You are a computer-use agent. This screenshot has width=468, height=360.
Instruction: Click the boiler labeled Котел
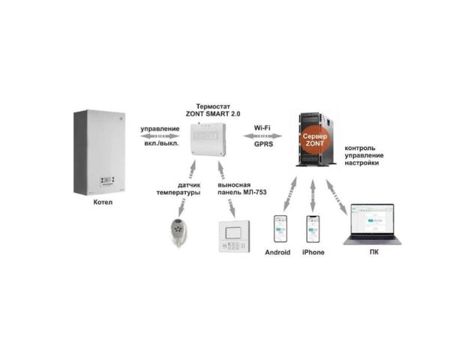[100, 152]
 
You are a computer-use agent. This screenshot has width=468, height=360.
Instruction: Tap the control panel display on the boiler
[106, 180]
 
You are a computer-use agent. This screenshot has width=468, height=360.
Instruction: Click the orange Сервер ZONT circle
[314, 139]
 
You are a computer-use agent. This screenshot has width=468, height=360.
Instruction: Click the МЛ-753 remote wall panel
[234, 237]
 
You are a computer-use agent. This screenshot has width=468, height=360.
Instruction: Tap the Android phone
[280, 229]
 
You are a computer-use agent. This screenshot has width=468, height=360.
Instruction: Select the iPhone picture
[313, 229]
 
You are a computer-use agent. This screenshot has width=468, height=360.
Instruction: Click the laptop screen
[373, 220]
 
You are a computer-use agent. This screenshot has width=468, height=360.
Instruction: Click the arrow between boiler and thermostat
[160, 136]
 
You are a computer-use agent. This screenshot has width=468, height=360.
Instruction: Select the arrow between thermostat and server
[262, 136]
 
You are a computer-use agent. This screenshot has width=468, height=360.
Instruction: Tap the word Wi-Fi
[262, 127]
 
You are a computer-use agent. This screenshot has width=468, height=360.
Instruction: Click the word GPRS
[263, 144]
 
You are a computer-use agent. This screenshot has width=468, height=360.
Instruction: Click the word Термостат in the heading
[213, 106]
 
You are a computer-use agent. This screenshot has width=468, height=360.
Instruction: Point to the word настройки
[361, 163]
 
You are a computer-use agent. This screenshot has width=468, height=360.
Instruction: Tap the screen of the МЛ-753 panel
[233, 232]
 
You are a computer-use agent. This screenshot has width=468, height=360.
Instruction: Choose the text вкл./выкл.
[161, 143]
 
